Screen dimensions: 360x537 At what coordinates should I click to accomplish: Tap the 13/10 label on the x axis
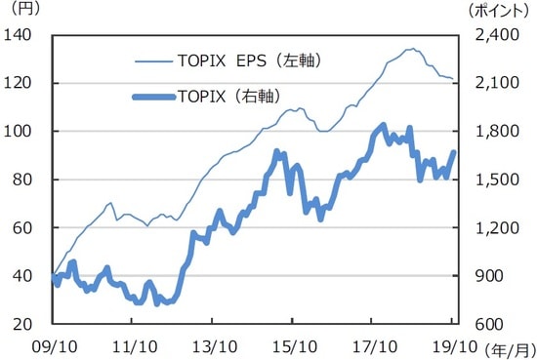click(x=214, y=346)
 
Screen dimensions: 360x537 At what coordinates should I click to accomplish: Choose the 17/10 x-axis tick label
click(x=375, y=346)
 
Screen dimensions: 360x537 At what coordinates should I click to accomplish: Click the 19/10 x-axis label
click(x=455, y=346)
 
